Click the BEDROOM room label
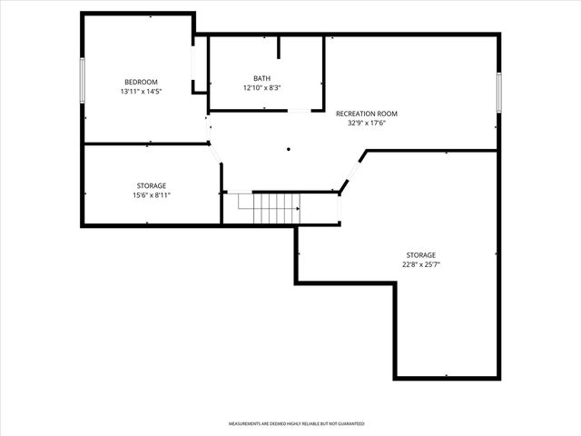tap(141, 82)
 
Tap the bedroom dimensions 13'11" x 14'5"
tap(141, 92)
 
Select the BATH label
tap(261, 78)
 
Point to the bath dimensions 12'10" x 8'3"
tap(261, 88)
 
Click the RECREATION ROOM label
tap(367, 114)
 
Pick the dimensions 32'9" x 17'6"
tap(367, 124)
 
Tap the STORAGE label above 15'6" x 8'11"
tap(152, 185)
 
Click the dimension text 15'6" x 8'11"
tap(152, 195)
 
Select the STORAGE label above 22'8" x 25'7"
tap(421, 255)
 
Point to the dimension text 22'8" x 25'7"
tap(421, 265)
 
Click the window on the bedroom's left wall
tap(83, 81)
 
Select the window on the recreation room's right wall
tap(498, 93)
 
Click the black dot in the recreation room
tap(289, 150)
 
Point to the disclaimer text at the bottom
tap(296, 424)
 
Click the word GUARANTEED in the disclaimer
tap(347, 424)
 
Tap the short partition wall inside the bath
tap(279, 48)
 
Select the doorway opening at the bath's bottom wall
tap(299, 111)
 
